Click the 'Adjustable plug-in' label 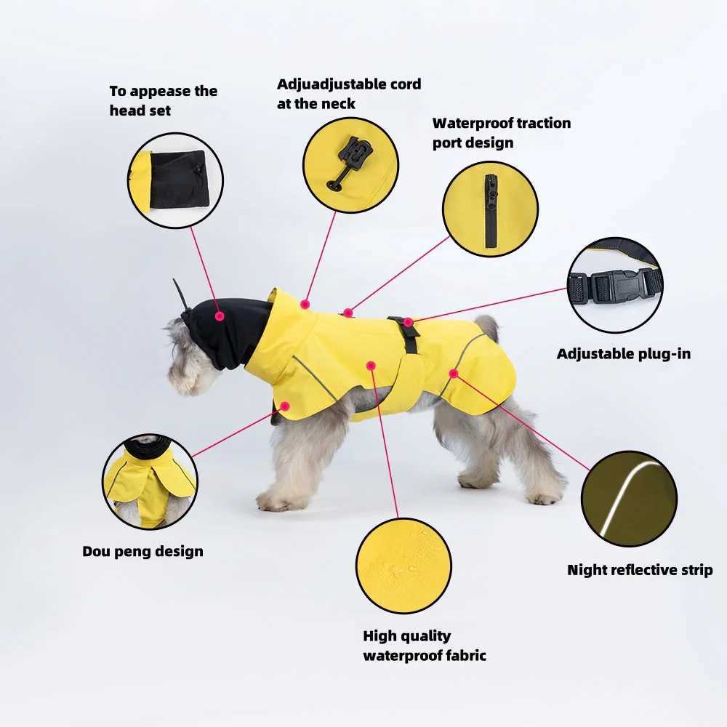pyautogui.click(x=624, y=354)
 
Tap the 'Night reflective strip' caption pyautogui.click(x=640, y=570)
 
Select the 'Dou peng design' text pyautogui.click(x=142, y=552)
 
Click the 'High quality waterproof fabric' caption pyautogui.click(x=425, y=646)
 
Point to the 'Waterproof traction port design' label pyautogui.click(x=501, y=132)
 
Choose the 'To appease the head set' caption pyautogui.click(x=163, y=100)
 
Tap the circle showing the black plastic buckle pyautogui.click(x=615, y=285)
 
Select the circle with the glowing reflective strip pyautogui.click(x=629, y=499)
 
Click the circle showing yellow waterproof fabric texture pyautogui.click(x=403, y=566)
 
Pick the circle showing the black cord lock pyautogui.click(x=351, y=165)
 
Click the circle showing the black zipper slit pyautogui.click(x=490, y=209)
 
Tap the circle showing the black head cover pyautogui.click(x=175, y=180)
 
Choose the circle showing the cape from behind pyautogui.click(x=150, y=482)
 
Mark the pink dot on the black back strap pyautogui.click(x=408, y=322)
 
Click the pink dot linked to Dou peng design pyautogui.click(x=285, y=406)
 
